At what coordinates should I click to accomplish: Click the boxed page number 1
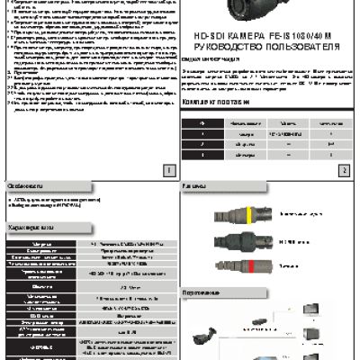click(168, 168)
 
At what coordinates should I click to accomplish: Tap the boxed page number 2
click(343, 168)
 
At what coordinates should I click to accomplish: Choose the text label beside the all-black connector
click(292, 241)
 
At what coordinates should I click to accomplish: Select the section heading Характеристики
click(28, 229)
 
